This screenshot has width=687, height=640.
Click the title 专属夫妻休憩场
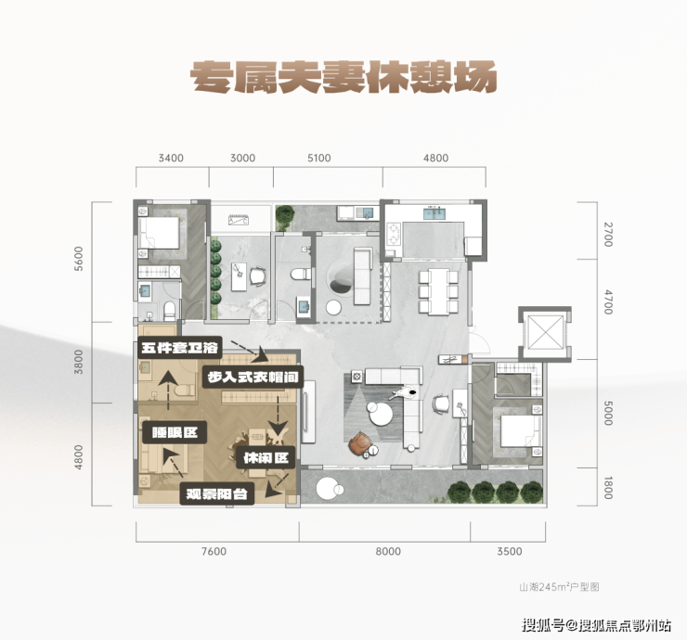point(344,75)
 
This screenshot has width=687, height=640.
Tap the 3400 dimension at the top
point(171,158)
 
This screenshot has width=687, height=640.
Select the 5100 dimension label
point(318,158)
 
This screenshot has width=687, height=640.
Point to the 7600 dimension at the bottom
point(214,552)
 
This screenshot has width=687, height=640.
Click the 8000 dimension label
point(388,552)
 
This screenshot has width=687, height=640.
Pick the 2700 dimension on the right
point(608,234)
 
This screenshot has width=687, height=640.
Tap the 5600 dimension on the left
point(80,259)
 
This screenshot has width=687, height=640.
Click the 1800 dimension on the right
point(608,487)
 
